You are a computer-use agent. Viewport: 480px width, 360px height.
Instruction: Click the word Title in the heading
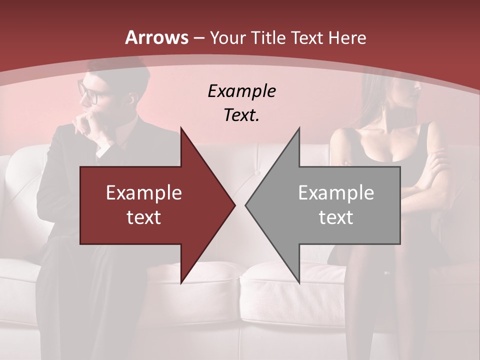[x=267, y=37]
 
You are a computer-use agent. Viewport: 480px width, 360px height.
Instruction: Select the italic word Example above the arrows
[x=241, y=91]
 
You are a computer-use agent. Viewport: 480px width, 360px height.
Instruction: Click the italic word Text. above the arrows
[x=241, y=115]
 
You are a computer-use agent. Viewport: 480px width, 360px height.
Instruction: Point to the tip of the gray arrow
[x=246, y=205]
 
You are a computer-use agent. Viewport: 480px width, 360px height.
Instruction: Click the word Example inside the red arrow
[x=144, y=193]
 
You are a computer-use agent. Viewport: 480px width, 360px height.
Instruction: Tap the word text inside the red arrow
[x=144, y=217]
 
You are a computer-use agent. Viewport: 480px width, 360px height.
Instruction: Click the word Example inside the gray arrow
[x=336, y=193]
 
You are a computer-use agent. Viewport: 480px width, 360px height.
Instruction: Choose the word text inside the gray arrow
[x=336, y=217]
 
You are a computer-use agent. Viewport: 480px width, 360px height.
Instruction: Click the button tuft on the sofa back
[x=258, y=173]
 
